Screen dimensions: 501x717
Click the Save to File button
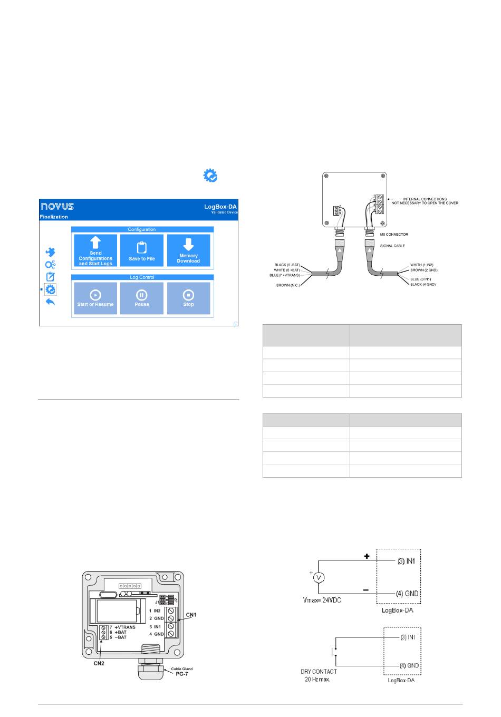pyautogui.click(x=142, y=250)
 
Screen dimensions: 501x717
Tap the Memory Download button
pyautogui.click(x=188, y=250)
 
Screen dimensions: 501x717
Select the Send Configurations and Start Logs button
pyautogui.click(x=95, y=250)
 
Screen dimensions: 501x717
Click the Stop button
pyautogui.click(x=188, y=298)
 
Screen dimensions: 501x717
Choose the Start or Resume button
pyautogui.click(x=95, y=298)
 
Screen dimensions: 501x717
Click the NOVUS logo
pyautogui.click(x=57, y=206)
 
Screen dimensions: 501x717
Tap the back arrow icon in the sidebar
pyautogui.click(x=51, y=302)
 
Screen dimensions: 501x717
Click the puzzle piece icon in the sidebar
pyautogui.click(x=51, y=253)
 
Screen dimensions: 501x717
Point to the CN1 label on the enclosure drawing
pyautogui.click(x=190, y=615)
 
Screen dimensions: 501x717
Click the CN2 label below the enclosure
pyautogui.click(x=99, y=663)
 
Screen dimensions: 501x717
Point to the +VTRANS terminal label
pyautogui.click(x=124, y=627)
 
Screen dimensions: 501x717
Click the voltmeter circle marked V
pyautogui.click(x=318, y=578)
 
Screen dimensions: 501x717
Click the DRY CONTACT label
pyautogui.click(x=319, y=672)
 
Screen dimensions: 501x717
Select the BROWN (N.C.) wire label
pyautogui.click(x=288, y=285)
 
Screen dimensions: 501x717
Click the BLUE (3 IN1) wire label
pyautogui.click(x=421, y=278)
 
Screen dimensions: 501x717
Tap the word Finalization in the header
pyautogui.click(x=54, y=217)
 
